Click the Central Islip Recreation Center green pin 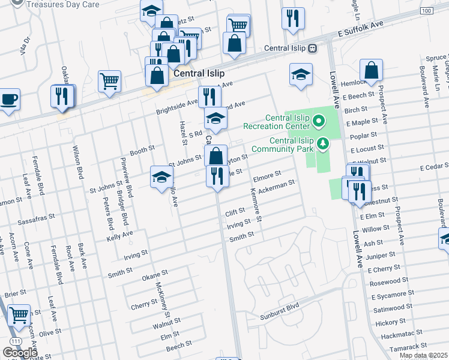coord(318,125)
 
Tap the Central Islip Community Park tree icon coord(324,143)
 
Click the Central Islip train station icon coord(312,48)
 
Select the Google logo coord(20,352)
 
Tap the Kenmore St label coord(256,206)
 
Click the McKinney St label coord(161,299)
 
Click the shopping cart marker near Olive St coord(20,314)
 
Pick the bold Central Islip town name coord(199,74)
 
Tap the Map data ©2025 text coord(423,355)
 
